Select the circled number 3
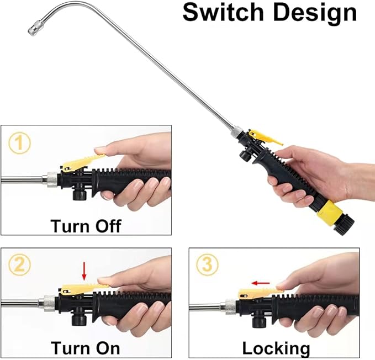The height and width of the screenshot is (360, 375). pyautogui.click(x=206, y=266)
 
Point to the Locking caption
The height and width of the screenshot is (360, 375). pyautogui.click(x=276, y=348)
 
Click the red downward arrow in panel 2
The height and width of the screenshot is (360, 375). pyautogui.click(x=84, y=271)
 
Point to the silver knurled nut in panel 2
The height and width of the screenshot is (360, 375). pyautogui.click(x=49, y=303)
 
